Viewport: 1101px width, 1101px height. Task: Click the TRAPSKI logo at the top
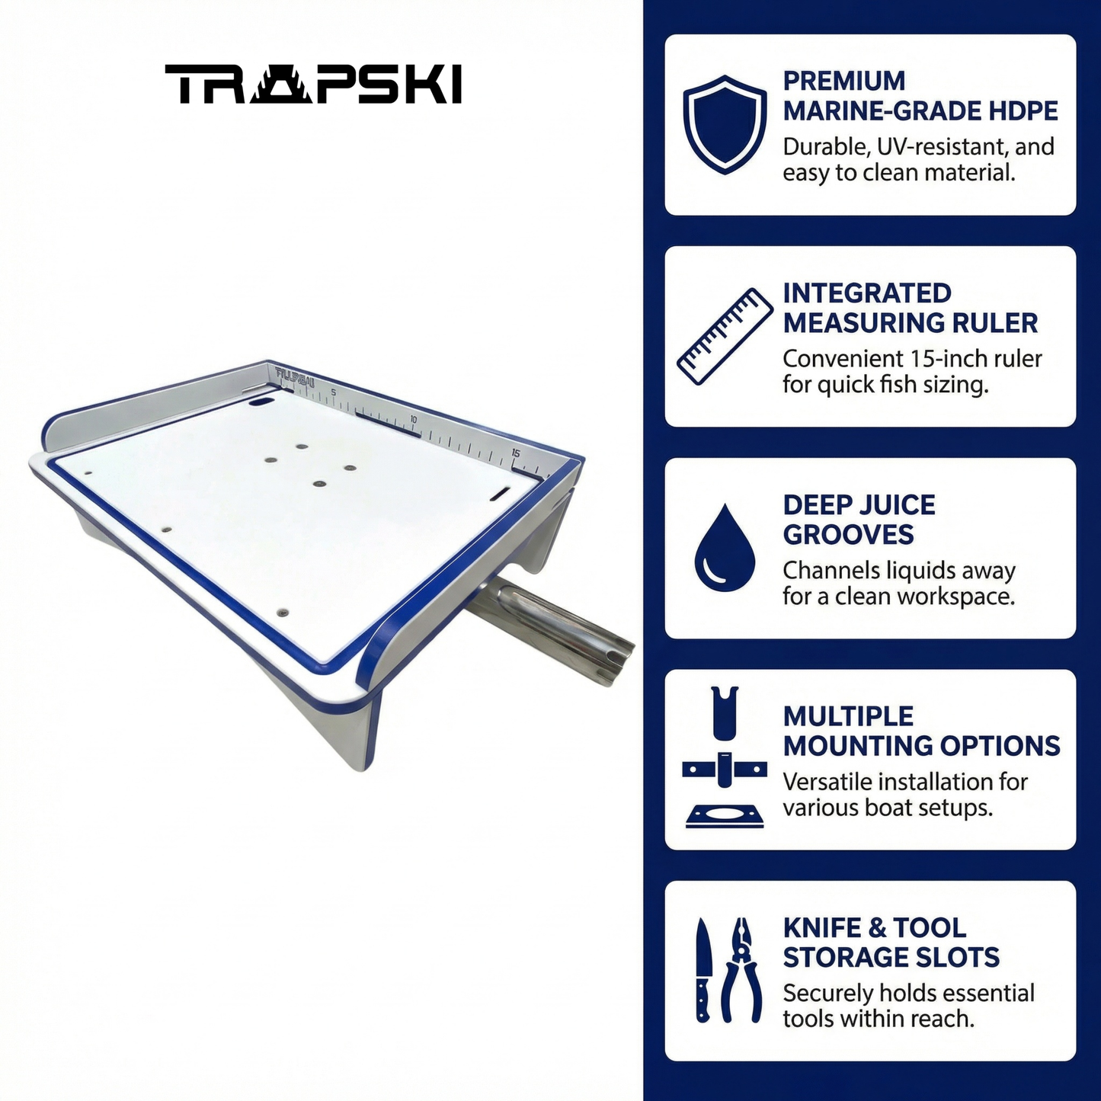pos(312,84)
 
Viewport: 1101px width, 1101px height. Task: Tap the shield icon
pos(725,124)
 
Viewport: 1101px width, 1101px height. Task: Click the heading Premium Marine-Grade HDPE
pos(920,96)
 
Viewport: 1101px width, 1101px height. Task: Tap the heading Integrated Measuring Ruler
pos(911,308)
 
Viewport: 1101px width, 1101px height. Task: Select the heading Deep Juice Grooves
pos(859,520)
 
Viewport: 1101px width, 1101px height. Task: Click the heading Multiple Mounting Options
pos(921,731)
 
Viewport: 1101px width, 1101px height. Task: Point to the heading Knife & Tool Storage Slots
pos(891,943)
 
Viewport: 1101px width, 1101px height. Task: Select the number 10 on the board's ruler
pos(413,419)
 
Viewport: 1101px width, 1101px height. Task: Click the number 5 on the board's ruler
pos(334,392)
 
